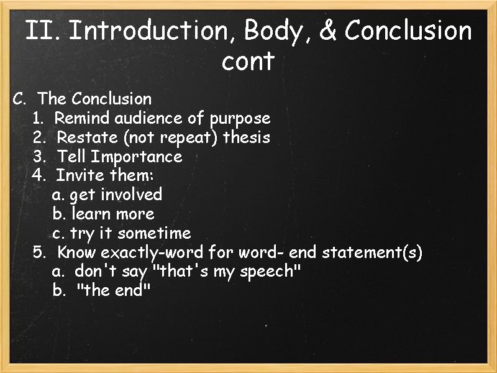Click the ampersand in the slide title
pos(327,30)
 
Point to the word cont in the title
pos(247,62)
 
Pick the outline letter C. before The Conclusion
pos(21,99)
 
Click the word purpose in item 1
pos(240,118)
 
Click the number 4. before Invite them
pos(39,175)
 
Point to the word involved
pos(131,195)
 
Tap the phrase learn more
pos(113,214)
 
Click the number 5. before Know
pos(40,252)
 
